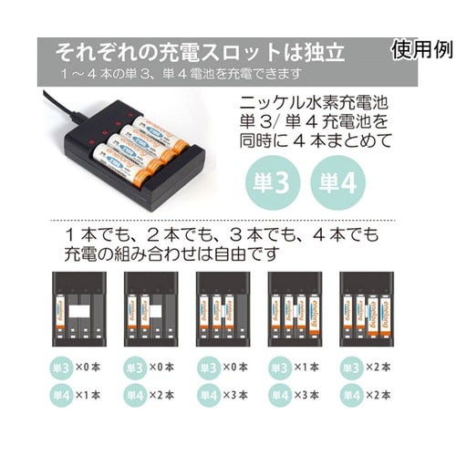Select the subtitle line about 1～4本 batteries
click(x=178, y=73)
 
